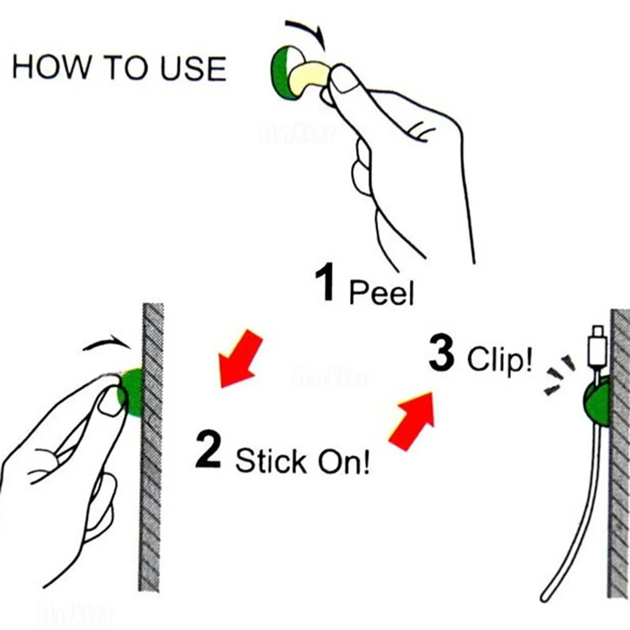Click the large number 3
tap(441, 354)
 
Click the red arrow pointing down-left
tap(239, 358)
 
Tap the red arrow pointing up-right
tap(413, 420)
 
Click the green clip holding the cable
tap(596, 403)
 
